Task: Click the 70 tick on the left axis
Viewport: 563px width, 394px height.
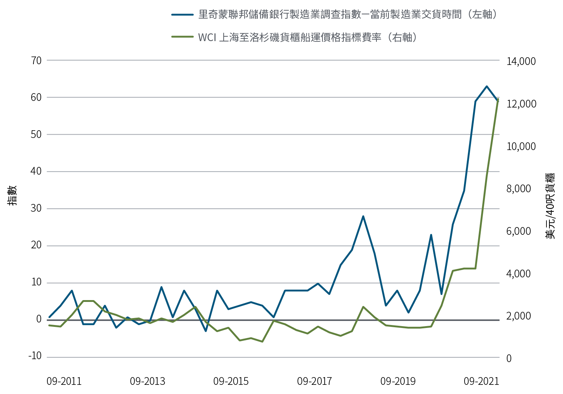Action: (x=36, y=60)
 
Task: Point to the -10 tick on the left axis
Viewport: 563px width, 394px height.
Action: (x=35, y=356)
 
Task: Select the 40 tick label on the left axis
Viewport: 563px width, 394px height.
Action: (x=36, y=171)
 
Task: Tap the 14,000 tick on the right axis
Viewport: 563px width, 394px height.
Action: (x=521, y=61)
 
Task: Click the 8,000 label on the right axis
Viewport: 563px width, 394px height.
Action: (x=519, y=189)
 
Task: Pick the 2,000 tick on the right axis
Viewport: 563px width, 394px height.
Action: (x=519, y=316)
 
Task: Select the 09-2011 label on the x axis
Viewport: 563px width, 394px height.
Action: (x=64, y=381)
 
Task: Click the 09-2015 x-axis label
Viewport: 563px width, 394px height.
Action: (x=231, y=381)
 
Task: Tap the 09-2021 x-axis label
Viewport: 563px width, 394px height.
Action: (x=481, y=381)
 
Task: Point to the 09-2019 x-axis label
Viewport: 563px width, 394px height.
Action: (x=398, y=381)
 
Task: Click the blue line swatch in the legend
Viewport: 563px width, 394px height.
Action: (x=182, y=15)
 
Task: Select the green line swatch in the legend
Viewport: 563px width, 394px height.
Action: (x=182, y=37)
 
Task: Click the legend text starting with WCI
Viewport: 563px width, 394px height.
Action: (x=307, y=37)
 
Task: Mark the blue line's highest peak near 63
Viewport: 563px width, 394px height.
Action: (x=487, y=87)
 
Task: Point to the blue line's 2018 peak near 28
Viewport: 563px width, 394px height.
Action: (x=363, y=216)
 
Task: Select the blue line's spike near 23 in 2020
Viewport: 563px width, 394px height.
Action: (x=431, y=235)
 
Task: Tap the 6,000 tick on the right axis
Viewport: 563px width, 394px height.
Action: (x=519, y=231)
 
